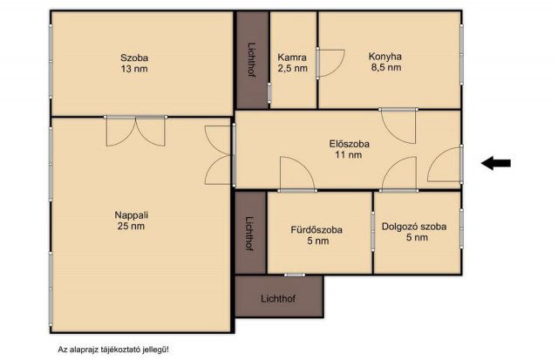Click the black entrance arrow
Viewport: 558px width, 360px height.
point(496,163)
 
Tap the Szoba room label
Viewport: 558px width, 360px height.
point(134,58)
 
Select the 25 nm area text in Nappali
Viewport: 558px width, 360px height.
point(131,226)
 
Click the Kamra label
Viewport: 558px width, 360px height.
point(292,57)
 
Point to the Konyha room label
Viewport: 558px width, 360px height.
point(385,56)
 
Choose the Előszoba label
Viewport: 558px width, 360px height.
point(349,144)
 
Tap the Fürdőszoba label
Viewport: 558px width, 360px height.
point(316,230)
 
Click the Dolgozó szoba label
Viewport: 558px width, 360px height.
point(414,227)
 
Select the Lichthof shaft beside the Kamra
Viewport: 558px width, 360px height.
point(252,60)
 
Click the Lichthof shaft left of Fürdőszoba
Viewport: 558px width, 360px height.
point(250,234)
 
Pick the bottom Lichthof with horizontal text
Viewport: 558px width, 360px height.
point(279,296)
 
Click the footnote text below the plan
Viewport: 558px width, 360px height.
point(113,350)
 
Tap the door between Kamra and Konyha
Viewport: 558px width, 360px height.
point(330,64)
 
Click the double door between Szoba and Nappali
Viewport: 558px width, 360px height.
point(136,131)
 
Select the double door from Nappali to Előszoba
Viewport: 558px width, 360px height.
point(219,155)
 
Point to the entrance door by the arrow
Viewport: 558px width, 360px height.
point(446,164)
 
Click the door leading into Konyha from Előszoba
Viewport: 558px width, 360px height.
point(398,126)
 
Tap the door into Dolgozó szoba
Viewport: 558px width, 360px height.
point(399,174)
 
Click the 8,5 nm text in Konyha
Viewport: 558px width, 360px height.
point(386,67)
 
